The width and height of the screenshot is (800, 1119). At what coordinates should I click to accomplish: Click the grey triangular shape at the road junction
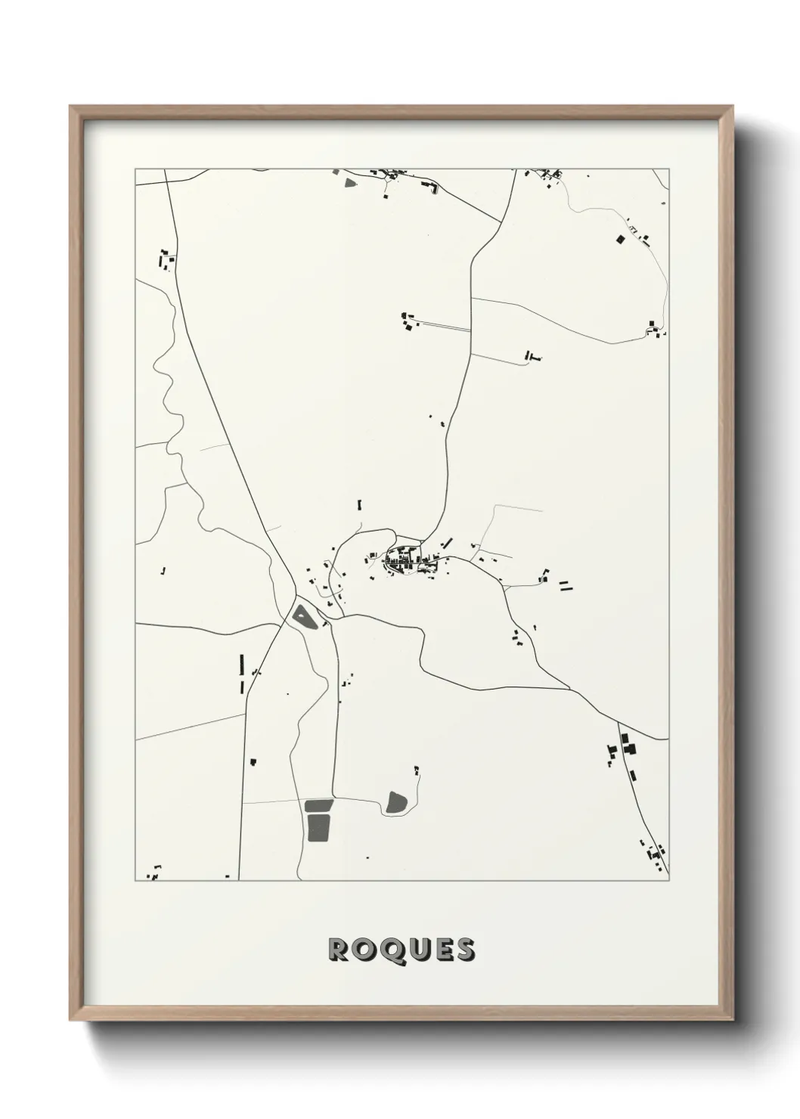coord(303,616)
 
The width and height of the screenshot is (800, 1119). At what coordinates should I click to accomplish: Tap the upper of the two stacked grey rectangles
coord(318,804)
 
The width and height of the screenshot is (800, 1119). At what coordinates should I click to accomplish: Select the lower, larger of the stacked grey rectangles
coord(318,827)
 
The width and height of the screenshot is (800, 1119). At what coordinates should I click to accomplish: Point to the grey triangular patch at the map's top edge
coord(349,181)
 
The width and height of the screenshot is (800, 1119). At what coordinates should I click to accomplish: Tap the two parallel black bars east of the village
coord(566,584)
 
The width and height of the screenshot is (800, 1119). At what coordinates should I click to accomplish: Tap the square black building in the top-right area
coord(620,239)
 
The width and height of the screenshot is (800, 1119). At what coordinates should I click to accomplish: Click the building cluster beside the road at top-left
coord(165,261)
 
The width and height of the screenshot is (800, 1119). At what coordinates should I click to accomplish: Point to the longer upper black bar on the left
coord(241,663)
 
